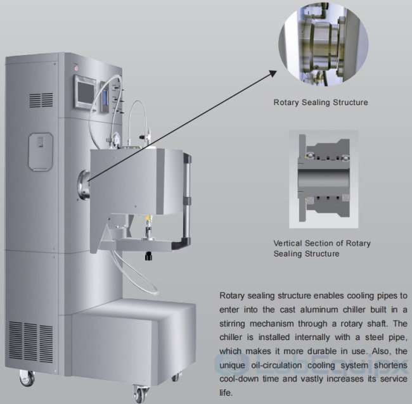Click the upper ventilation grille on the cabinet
[40, 100]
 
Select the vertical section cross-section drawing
[323, 179]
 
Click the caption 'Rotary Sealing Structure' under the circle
[320, 102]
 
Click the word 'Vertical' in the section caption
[288, 243]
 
